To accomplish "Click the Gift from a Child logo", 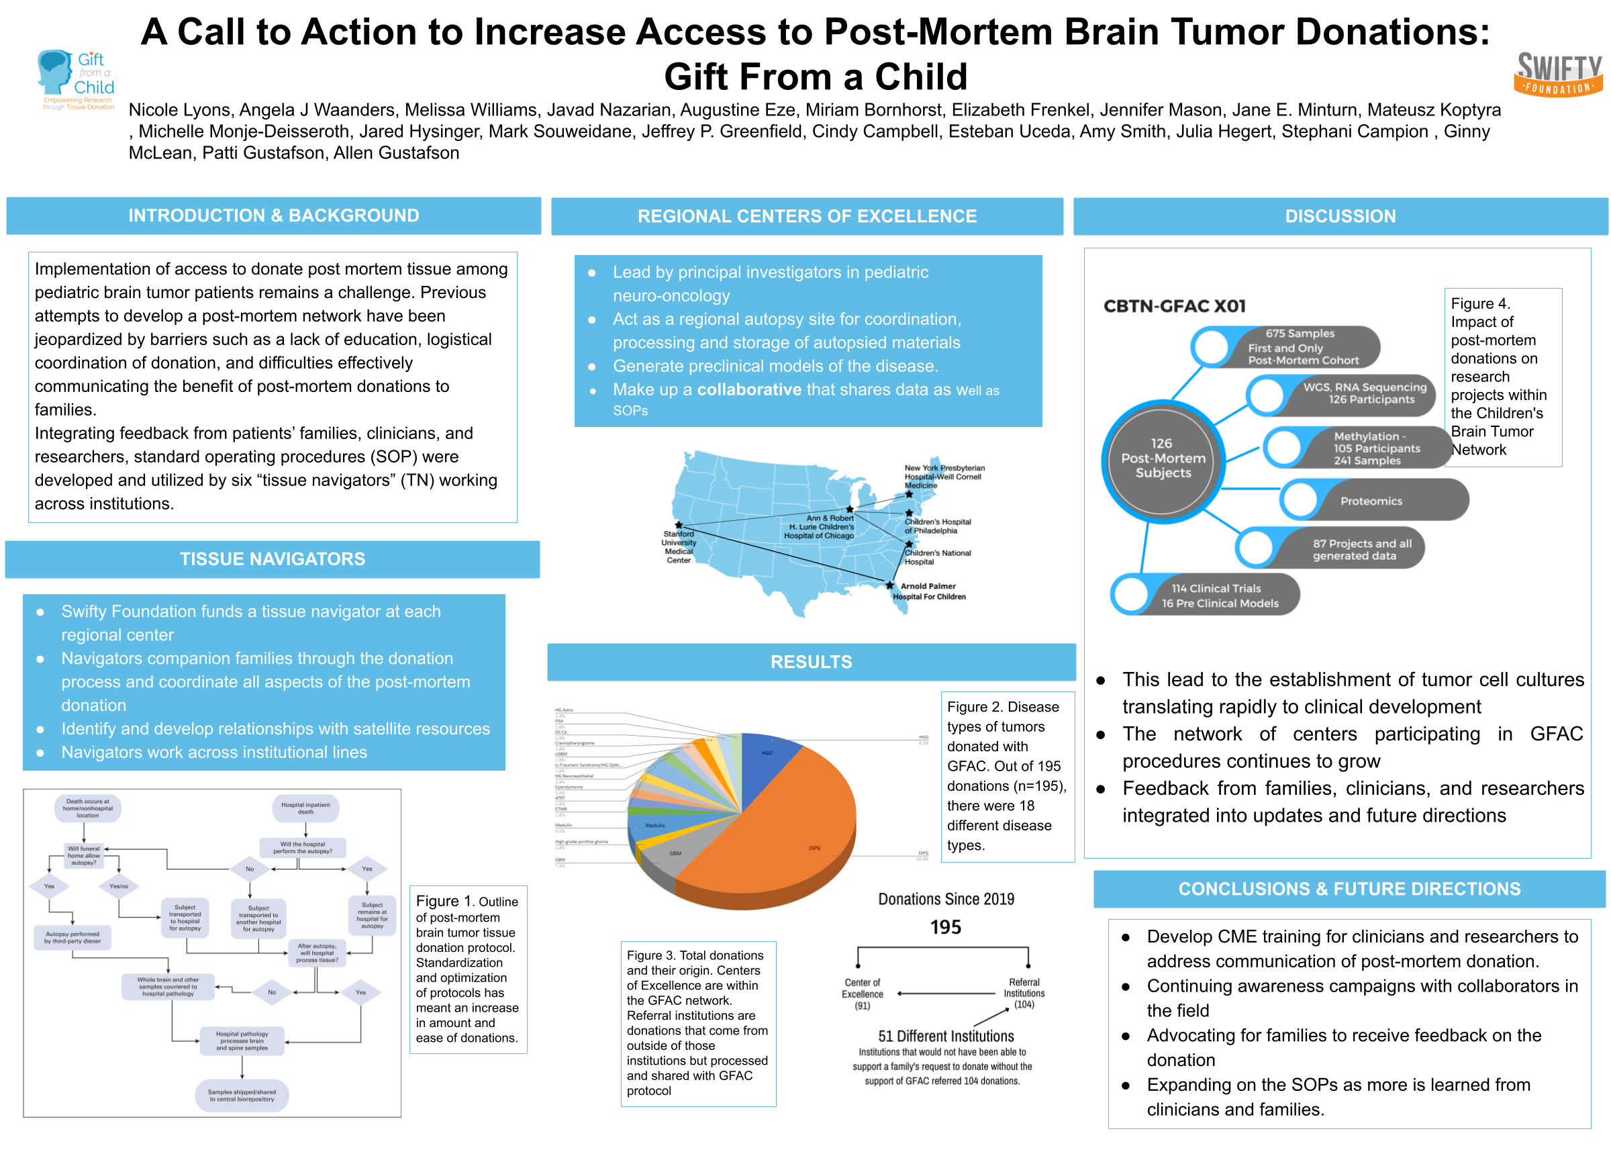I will click(x=76, y=79).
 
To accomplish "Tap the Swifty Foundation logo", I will click(x=1558, y=75).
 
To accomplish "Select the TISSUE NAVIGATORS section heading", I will click(x=272, y=559).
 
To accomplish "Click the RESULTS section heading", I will click(x=810, y=662).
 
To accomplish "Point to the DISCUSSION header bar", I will click(x=1340, y=216).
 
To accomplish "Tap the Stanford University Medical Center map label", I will click(x=679, y=547).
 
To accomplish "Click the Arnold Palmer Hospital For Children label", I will click(x=928, y=591).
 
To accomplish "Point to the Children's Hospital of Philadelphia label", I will click(x=937, y=526).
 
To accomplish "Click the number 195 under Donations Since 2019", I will click(x=945, y=927).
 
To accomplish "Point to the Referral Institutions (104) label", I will click(x=1024, y=993).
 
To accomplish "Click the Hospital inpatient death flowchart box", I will click(x=305, y=808).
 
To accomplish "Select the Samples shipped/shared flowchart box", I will click(x=242, y=1096).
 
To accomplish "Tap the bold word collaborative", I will click(x=748, y=390).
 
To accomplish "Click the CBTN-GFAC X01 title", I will click(x=1174, y=306).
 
